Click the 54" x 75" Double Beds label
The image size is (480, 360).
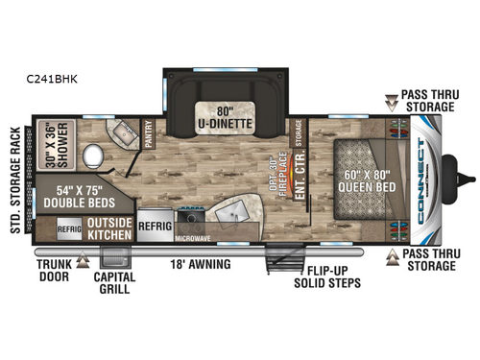(x=71, y=196)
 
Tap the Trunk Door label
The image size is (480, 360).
(x=55, y=269)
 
